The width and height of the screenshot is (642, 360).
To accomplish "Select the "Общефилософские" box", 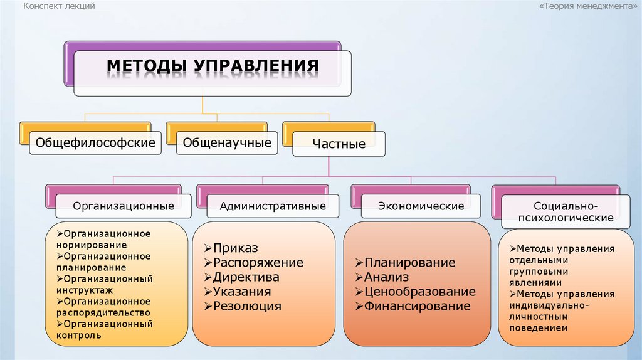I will pyautogui.click(x=95, y=143).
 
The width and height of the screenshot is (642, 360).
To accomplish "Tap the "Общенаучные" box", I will pyautogui.click(x=227, y=143).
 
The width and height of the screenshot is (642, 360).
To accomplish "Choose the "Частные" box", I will pyautogui.click(x=339, y=144).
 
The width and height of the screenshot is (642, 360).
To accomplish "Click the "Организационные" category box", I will pyautogui.click(x=124, y=206).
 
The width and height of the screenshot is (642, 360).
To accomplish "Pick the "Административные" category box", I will pyautogui.click(x=272, y=206).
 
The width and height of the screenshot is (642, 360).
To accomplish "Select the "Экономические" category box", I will pyautogui.click(x=421, y=206).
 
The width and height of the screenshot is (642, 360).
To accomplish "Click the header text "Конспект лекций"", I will pyautogui.click(x=60, y=6).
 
